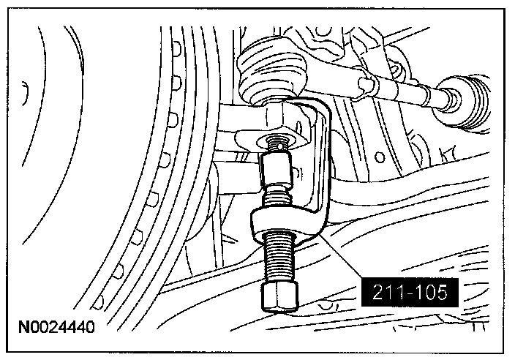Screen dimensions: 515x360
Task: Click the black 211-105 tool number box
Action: [x=410, y=292]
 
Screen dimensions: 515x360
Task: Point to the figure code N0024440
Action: [x=56, y=327]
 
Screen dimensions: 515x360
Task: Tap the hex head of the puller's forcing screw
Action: [x=280, y=296]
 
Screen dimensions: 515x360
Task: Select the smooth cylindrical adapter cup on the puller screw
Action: [x=277, y=170]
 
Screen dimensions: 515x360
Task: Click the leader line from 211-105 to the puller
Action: [x=341, y=255]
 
